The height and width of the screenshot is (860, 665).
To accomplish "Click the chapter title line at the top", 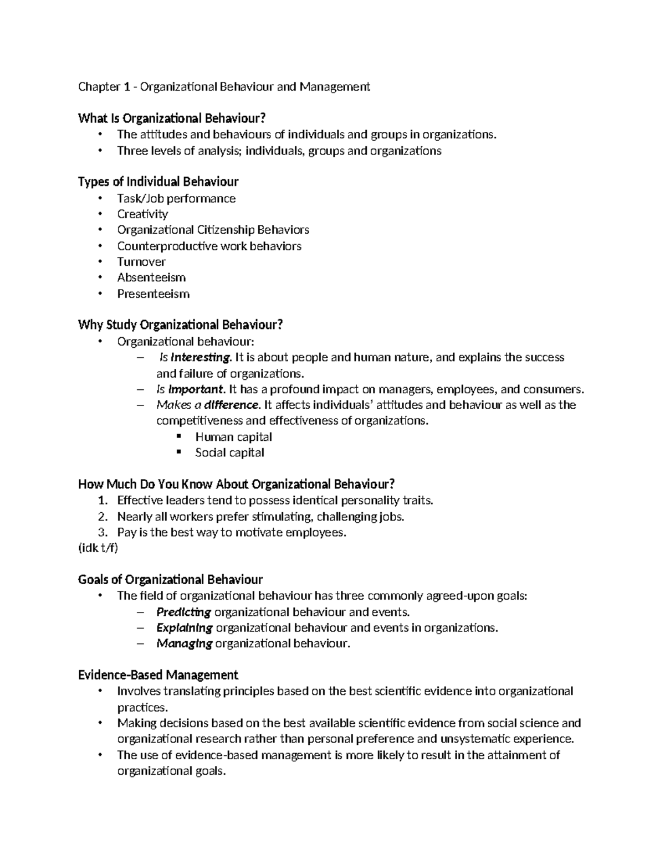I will tap(224, 86).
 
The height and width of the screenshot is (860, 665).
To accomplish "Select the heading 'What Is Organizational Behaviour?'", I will tap(172, 118).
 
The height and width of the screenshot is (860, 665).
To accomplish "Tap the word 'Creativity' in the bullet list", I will tap(142, 214).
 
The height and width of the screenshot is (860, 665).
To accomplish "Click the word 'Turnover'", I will tap(141, 261).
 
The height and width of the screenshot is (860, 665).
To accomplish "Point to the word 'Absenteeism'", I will tap(151, 277).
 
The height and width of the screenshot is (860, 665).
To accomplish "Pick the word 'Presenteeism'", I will tap(153, 293).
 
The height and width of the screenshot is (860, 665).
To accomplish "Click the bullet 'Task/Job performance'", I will tap(176, 198).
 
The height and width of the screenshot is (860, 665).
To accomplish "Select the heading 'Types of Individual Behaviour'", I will tap(158, 182).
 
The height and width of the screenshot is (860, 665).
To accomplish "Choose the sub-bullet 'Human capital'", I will tap(233, 437).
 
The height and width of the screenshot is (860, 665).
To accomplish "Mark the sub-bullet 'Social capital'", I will tap(229, 452).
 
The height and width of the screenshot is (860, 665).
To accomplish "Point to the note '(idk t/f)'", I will tap(98, 548).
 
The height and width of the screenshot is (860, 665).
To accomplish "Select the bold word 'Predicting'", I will tap(183, 612).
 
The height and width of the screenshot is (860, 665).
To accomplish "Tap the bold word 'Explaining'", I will tap(185, 627).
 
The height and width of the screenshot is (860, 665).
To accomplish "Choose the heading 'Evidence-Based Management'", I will tap(158, 675).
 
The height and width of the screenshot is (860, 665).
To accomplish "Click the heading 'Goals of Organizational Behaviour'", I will tap(171, 580).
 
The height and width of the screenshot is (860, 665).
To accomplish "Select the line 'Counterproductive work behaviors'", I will tap(209, 246).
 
